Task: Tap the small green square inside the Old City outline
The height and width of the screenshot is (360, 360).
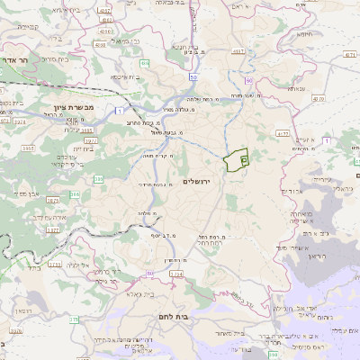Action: click(245, 158)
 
